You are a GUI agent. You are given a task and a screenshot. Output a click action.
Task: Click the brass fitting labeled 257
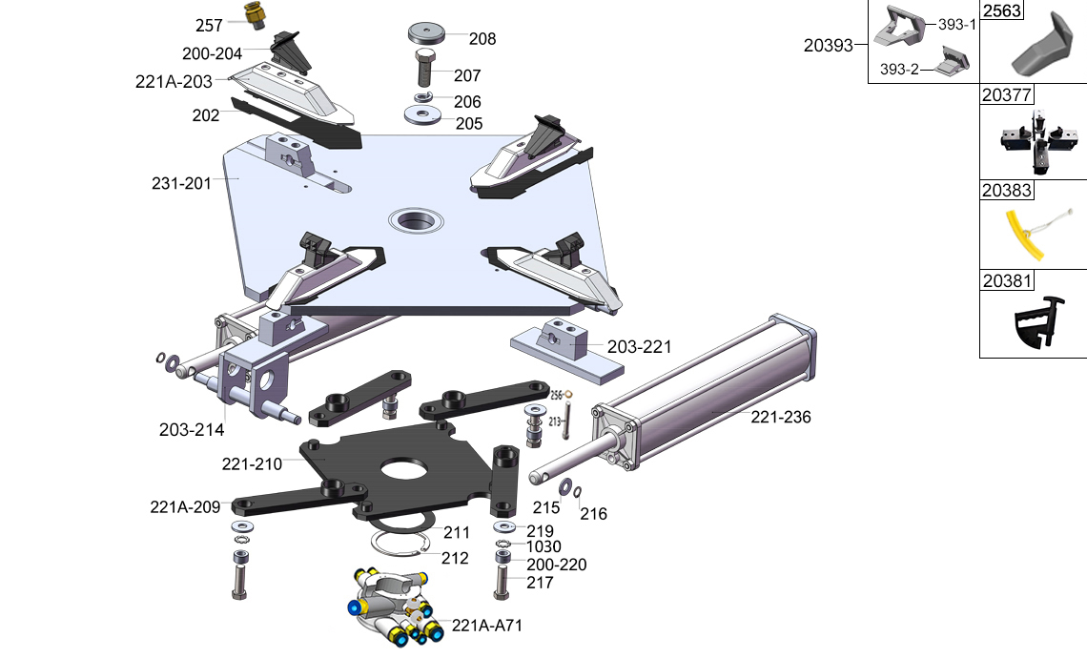[x=254, y=16]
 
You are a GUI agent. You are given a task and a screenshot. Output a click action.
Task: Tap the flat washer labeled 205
[x=421, y=116]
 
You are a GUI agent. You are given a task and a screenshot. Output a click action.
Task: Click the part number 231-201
[x=181, y=183]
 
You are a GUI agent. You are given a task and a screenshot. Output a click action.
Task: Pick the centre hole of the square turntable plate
[x=417, y=221]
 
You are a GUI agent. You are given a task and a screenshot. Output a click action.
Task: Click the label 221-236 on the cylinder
[x=781, y=417]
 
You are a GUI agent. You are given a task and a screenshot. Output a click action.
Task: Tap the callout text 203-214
[x=192, y=430]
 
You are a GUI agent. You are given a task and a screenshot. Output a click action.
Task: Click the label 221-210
[x=252, y=464]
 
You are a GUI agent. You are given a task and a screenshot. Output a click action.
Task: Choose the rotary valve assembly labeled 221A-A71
[x=392, y=607]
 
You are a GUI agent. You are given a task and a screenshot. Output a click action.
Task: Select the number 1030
[x=543, y=547]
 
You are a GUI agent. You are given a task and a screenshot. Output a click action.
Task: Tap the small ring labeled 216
[x=578, y=492]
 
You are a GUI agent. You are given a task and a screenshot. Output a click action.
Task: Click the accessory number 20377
[x=1007, y=93]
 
